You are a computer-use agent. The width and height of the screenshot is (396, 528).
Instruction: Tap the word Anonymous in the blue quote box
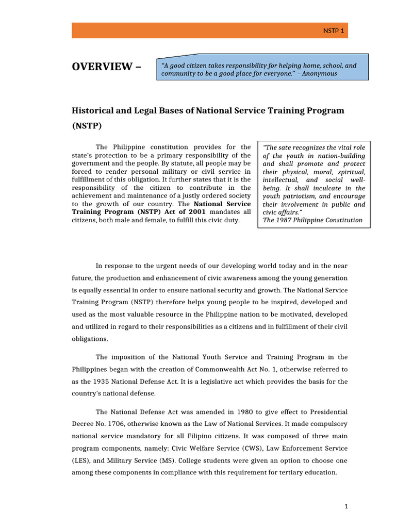(x=320, y=73)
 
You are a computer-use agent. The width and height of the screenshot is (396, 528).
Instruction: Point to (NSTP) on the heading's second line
(x=87, y=125)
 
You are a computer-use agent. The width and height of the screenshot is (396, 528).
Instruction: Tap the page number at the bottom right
(x=346, y=507)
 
